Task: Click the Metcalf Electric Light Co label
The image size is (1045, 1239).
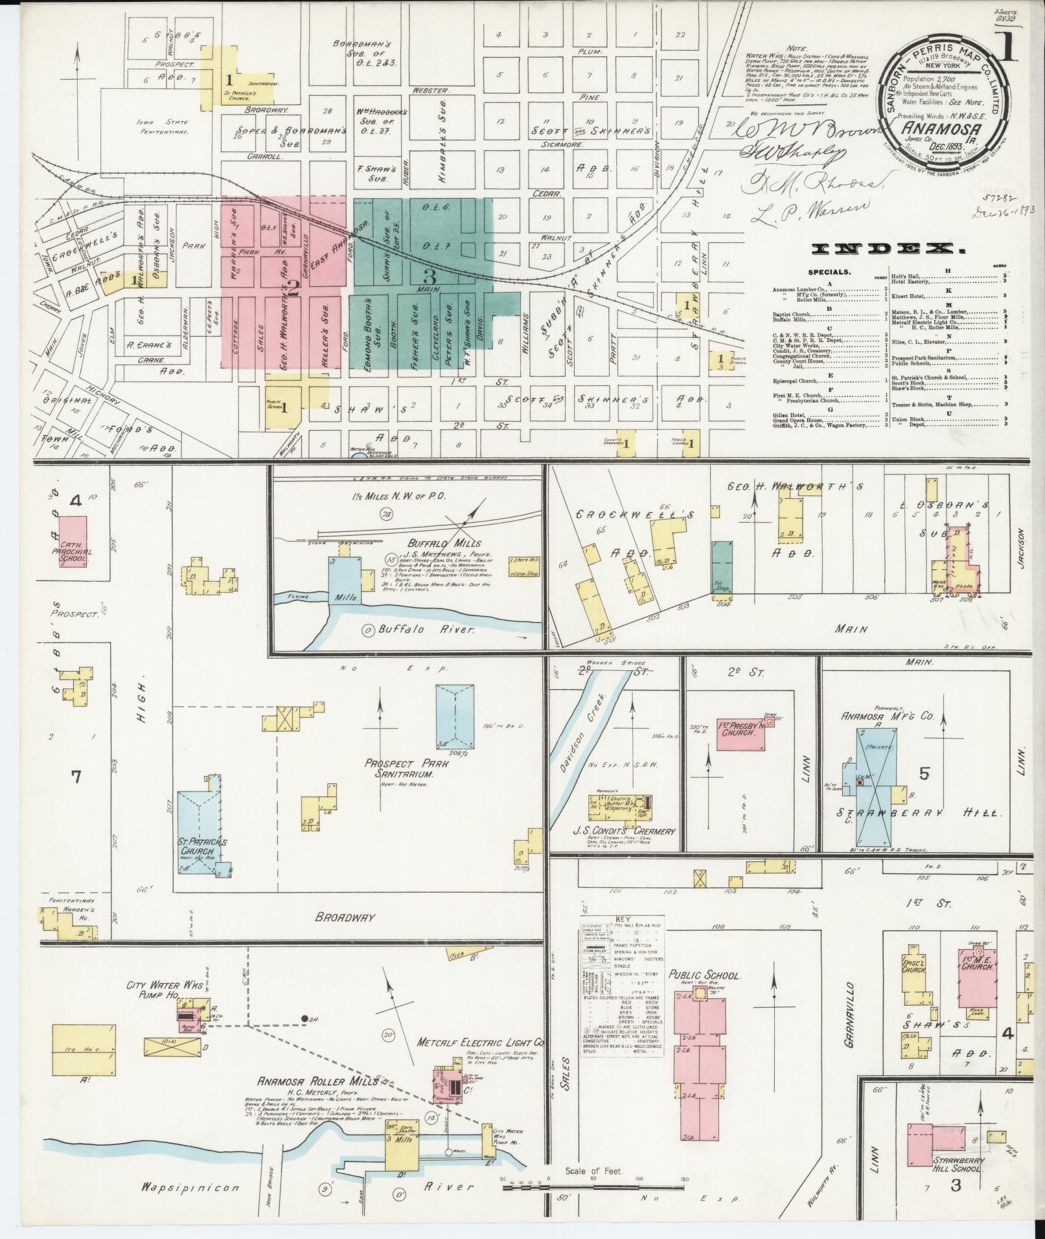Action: tap(480, 1043)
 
